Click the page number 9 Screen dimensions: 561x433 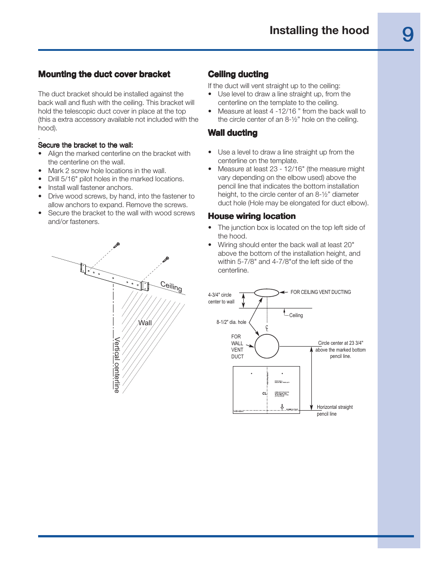(408, 35)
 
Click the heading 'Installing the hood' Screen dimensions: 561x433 (319, 30)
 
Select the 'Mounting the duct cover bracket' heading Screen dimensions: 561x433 (104, 74)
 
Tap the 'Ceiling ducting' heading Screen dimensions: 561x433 (238, 74)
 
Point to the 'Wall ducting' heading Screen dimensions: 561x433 (232, 133)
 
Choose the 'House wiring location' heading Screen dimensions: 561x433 (251, 216)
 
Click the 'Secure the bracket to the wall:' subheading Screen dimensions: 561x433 (85, 145)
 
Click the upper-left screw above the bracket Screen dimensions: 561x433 (117, 245)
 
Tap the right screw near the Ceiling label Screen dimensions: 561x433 (166, 259)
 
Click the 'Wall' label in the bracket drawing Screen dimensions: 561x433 (145, 323)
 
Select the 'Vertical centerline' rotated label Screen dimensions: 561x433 (117, 365)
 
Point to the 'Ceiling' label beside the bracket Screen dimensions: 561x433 (171, 286)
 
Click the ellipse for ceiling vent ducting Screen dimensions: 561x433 (266, 293)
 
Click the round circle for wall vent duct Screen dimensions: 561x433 (266, 346)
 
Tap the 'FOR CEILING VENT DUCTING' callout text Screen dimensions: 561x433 (320, 292)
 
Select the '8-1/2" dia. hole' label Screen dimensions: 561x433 (231, 322)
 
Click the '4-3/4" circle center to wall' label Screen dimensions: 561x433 (221, 298)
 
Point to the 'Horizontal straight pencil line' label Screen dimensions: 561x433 (335, 410)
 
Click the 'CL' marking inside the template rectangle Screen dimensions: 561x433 (265, 393)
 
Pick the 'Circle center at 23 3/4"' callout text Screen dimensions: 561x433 (340, 343)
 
